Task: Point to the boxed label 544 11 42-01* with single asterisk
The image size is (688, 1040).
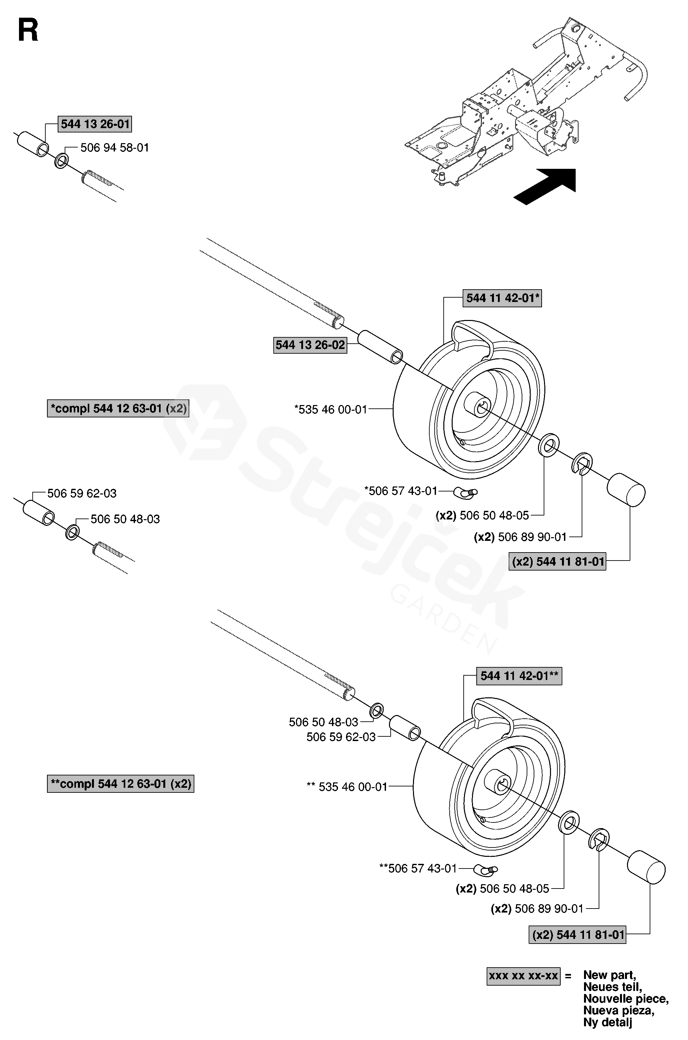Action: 502,298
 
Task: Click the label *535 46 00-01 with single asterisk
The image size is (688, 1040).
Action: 331,410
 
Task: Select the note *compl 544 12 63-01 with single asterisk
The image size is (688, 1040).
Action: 118,408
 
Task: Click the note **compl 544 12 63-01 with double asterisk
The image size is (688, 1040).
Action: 121,784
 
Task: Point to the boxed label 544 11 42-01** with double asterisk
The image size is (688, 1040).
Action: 519,676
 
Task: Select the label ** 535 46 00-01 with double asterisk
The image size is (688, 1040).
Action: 347,786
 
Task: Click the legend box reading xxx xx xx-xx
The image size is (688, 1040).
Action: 523,976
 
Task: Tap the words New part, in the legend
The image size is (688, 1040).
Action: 609,975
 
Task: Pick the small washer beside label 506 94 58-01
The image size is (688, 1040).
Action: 61,161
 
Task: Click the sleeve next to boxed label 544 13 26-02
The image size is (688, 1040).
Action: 380,348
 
